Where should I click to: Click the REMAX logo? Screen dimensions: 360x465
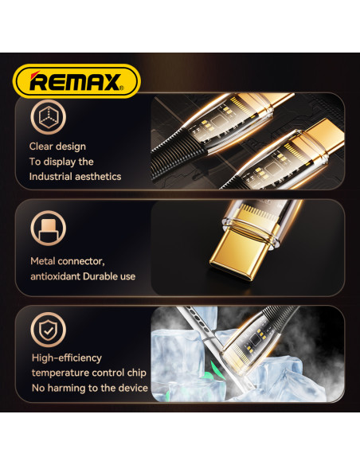point(76,81)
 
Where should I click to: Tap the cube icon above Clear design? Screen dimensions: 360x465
point(48,117)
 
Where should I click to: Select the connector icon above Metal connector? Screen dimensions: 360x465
point(48,228)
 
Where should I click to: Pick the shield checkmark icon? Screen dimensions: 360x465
point(48,329)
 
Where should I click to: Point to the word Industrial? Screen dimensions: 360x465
point(50,177)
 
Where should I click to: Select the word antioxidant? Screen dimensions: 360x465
point(55,276)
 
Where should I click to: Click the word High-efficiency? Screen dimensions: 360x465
point(67,358)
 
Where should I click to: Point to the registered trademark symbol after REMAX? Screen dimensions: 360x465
point(121,88)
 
